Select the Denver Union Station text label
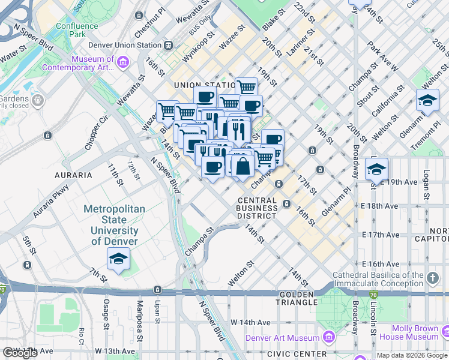point(125,45)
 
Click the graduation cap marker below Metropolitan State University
point(118,259)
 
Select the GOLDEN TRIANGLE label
point(297,295)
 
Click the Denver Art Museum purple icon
point(328,337)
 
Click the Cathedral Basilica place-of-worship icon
point(434,277)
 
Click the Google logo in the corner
point(20,353)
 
